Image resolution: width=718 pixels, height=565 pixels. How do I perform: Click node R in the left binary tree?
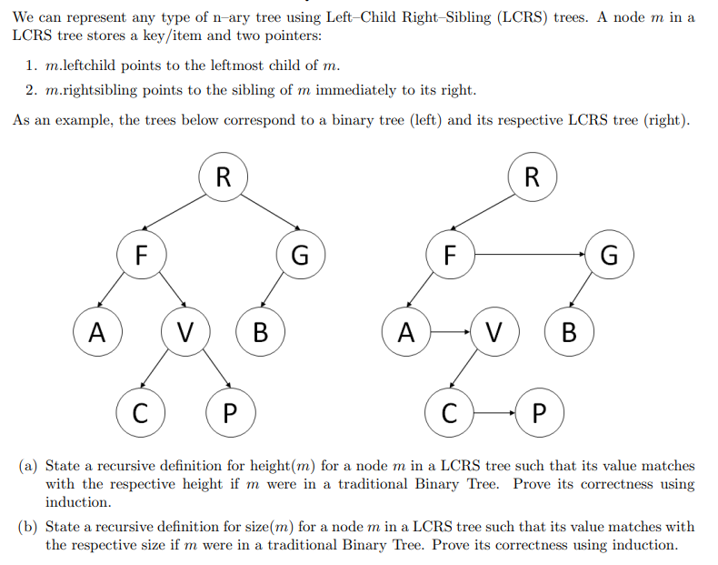(223, 176)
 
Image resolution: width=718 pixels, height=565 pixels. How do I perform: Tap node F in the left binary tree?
(141, 255)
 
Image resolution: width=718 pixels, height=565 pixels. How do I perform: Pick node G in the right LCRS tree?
(610, 255)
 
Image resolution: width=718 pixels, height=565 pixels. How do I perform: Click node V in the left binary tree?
(184, 332)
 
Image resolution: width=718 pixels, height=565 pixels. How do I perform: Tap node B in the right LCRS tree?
(569, 332)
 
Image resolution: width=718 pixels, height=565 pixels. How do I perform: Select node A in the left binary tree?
(95, 332)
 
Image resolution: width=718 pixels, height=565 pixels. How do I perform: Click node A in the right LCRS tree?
(406, 332)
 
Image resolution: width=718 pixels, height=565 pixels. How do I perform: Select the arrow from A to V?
(450, 332)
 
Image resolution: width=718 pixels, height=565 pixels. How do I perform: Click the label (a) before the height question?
(28, 466)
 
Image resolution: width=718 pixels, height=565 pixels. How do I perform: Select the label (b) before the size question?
(28, 527)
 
